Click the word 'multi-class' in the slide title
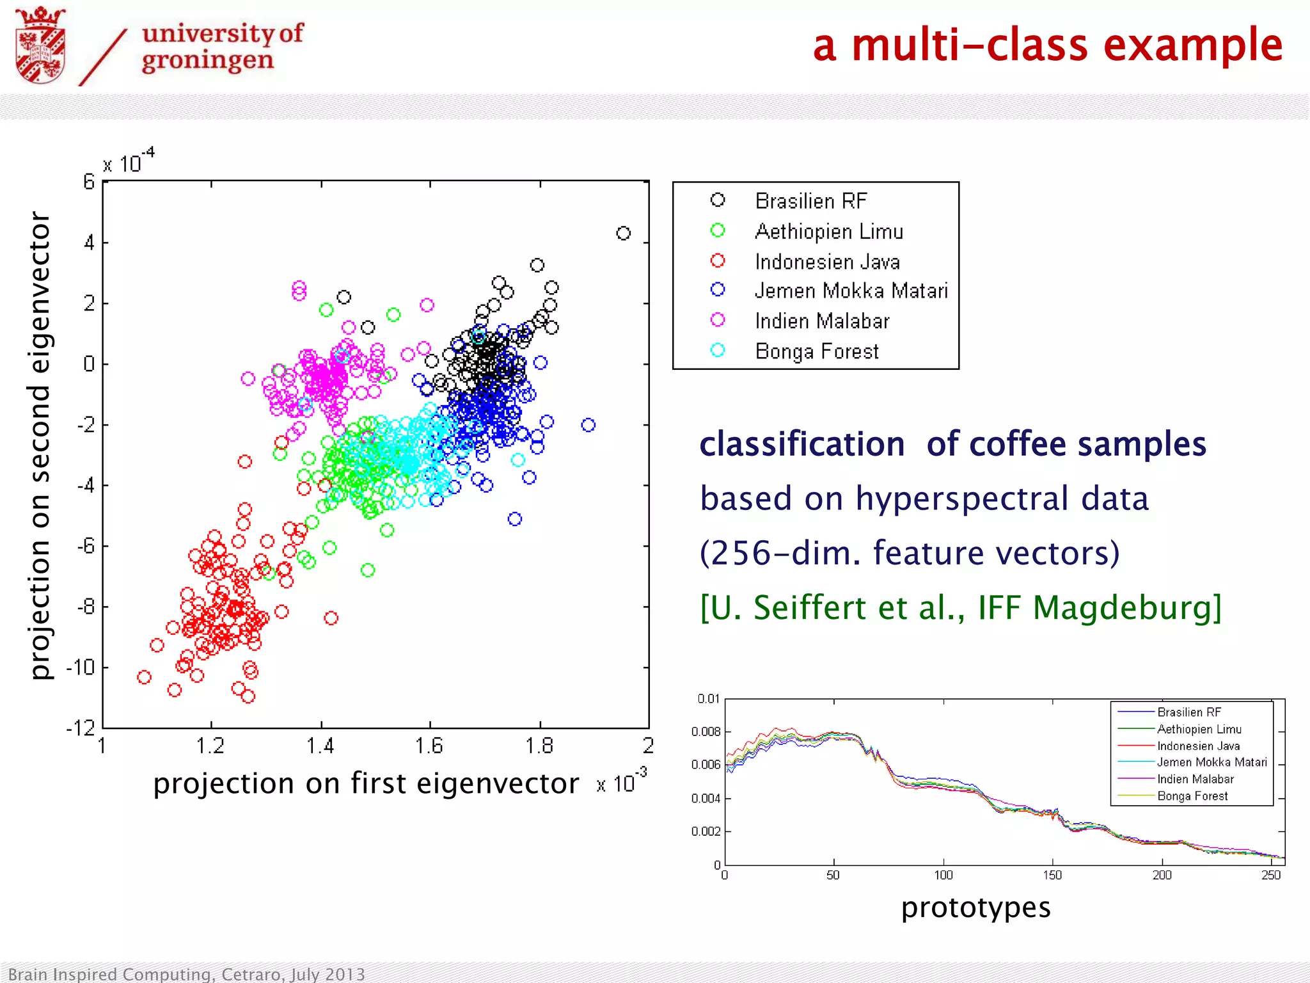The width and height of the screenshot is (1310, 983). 970,46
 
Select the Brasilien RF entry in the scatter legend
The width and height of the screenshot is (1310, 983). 810,201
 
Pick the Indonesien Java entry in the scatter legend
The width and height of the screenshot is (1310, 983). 826,262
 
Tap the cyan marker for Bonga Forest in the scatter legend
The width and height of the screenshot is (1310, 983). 718,350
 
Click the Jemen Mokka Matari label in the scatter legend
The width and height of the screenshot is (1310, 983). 851,291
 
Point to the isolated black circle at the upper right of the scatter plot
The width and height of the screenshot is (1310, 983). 623,233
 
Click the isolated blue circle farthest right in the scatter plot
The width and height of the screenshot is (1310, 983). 588,425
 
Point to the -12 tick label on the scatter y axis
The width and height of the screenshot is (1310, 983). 81,728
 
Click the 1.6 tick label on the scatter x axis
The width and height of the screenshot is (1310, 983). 429,746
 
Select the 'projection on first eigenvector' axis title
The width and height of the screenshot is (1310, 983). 365,783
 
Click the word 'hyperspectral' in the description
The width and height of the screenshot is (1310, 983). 962,499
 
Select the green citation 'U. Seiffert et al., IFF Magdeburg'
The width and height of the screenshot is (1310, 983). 961,607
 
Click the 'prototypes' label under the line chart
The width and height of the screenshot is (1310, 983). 975,907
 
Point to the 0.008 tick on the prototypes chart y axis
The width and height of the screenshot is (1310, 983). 706,731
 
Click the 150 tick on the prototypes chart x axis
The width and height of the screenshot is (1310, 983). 1052,875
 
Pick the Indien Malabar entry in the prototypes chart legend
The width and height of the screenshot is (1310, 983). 1195,779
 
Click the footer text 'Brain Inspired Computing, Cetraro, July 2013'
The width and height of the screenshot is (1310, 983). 187,974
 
